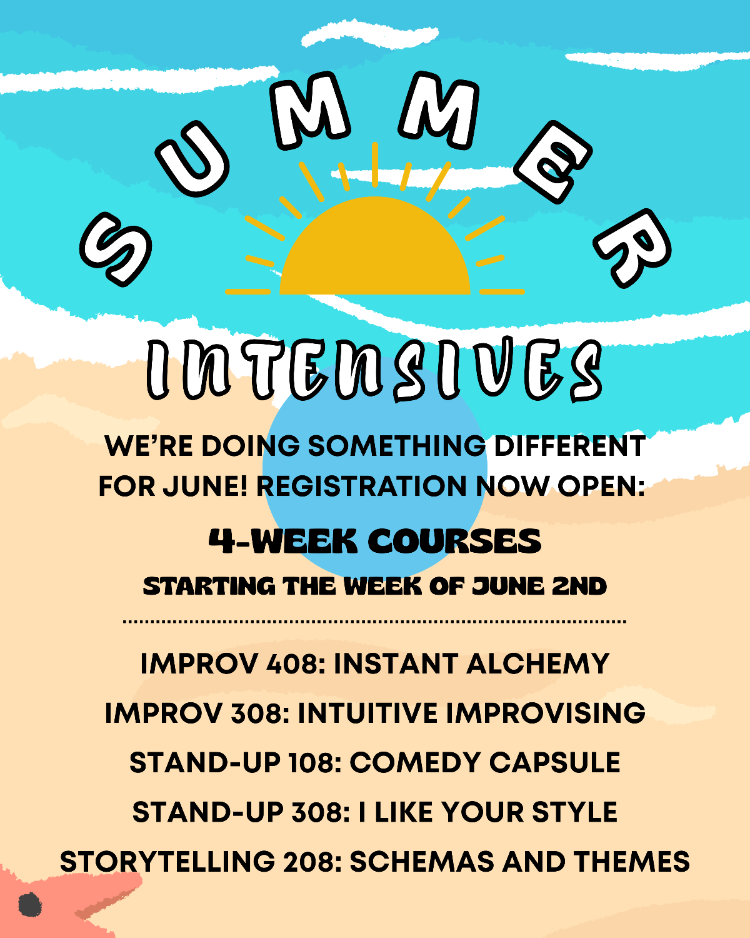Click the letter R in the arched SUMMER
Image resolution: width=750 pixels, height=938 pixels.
(632, 248)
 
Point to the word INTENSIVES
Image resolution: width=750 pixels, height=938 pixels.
(375, 370)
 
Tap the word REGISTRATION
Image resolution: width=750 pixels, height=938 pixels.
(361, 486)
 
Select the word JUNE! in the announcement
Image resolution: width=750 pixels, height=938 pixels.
(205, 486)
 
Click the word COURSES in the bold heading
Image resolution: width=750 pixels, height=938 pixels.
(454, 542)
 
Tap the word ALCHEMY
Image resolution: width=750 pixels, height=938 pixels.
(537, 664)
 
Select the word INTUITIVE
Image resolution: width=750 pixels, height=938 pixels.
(367, 714)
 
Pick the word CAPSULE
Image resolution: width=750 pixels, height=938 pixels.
(554, 763)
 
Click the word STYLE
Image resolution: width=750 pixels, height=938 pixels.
(575, 812)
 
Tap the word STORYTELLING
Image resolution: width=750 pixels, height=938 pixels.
(167, 862)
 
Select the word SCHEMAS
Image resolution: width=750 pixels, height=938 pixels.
(422, 862)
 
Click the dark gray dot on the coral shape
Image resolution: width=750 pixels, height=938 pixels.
(30, 904)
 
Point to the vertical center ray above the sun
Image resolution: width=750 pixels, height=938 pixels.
(375, 164)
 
